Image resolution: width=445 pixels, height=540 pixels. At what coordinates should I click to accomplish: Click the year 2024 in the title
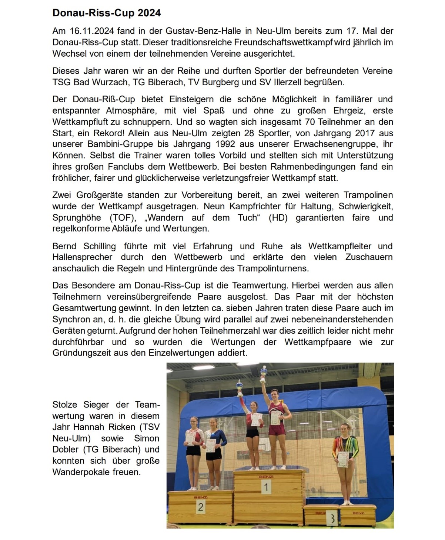(x=149, y=13)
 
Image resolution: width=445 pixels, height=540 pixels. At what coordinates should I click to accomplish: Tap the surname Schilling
(x=99, y=246)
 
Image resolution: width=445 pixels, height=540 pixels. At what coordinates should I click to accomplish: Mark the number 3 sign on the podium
(x=332, y=519)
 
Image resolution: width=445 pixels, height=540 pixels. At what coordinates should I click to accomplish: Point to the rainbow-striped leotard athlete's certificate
(x=343, y=459)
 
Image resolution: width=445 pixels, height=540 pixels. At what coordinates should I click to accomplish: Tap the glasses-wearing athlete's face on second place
(x=193, y=422)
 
